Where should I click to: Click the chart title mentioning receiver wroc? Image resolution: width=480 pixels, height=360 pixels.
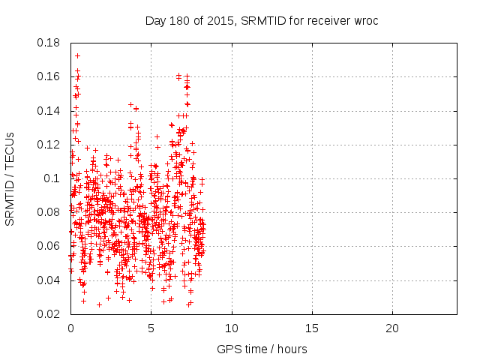262,21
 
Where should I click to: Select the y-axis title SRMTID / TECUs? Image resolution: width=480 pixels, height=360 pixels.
10,178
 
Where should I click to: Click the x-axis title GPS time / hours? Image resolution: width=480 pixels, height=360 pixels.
262,349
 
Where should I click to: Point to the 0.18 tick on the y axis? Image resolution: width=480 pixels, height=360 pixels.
49,43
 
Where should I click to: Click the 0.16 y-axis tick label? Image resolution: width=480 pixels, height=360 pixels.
49,76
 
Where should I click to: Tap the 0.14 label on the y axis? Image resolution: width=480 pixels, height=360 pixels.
49,110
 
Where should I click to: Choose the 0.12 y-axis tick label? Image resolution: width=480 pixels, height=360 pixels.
49,144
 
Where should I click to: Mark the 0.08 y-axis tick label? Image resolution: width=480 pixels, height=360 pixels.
49,212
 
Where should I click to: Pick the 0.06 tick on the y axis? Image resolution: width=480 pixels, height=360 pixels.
49,246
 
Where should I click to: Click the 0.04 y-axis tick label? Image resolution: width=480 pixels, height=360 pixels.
49,280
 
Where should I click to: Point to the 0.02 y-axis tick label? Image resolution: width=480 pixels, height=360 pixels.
49,313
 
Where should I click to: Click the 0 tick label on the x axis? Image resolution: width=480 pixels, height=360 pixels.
70,328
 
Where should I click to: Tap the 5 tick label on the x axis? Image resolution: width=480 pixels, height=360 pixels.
151,328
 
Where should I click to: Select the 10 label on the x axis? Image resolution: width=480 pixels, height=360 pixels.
232,328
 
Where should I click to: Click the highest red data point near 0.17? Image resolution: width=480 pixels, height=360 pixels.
77,55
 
